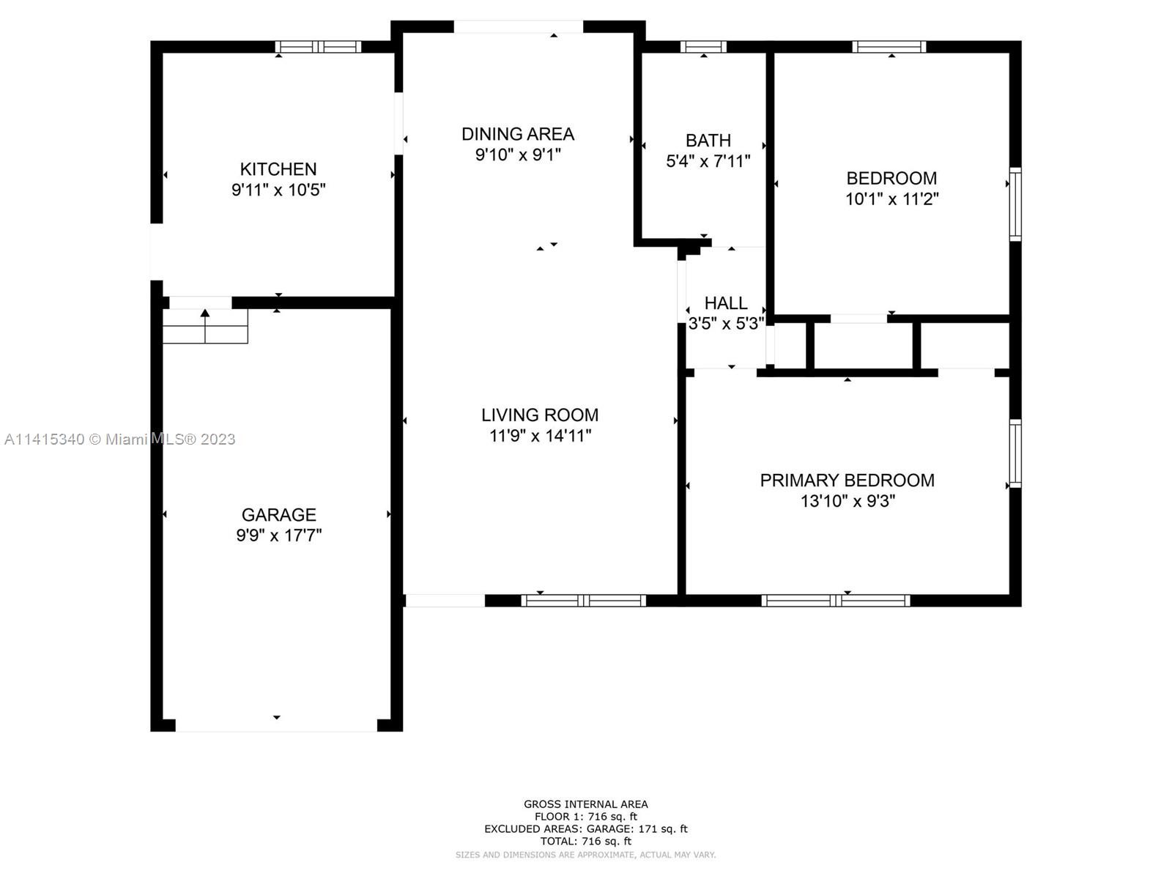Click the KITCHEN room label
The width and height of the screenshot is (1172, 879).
click(x=278, y=169)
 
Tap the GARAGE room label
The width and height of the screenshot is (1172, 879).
click(x=279, y=514)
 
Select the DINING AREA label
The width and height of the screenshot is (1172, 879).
click(x=518, y=134)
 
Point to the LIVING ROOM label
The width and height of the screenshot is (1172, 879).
click(x=540, y=415)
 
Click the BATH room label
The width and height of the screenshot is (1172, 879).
click(x=708, y=141)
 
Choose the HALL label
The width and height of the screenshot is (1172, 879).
click(x=726, y=303)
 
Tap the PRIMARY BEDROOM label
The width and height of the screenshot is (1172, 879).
click(x=848, y=481)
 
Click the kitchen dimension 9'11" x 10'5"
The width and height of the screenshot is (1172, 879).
click(x=278, y=190)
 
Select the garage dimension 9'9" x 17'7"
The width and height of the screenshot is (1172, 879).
click(x=279, y=535)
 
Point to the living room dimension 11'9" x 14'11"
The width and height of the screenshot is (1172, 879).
click(x=541, y=436)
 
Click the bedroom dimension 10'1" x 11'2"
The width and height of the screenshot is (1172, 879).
click(x=891, y=199)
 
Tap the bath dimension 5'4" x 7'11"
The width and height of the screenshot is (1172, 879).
click(x=708, y=161)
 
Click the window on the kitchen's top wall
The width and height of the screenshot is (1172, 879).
click(x=318, y=47)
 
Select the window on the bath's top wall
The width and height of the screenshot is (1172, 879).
click(x=703, y=47)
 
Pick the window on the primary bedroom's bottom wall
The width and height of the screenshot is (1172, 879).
click(x=836, y=601)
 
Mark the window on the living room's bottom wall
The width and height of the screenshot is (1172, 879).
click(x=584, y=601)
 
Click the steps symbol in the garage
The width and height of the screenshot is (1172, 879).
click(x=206, y=326)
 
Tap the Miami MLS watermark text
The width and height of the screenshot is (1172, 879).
click(x=119, y=439)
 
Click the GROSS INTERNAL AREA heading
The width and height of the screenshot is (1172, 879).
click(x=586, y=804)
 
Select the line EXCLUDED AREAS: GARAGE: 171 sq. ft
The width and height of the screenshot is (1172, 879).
click(x=586, y=829)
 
